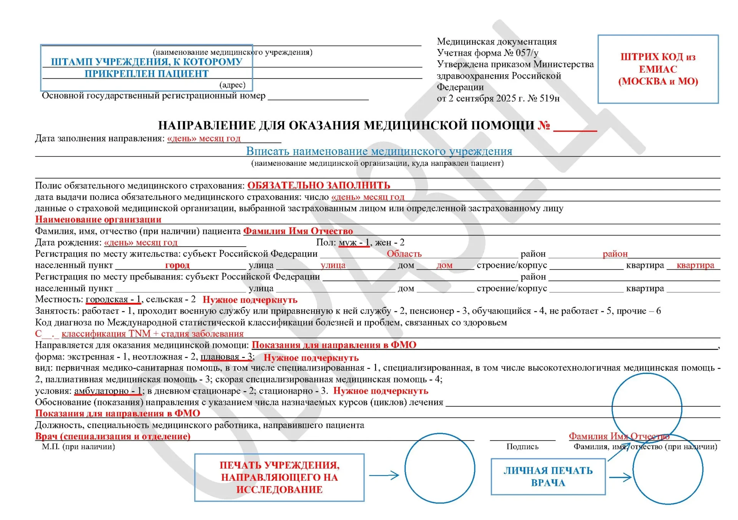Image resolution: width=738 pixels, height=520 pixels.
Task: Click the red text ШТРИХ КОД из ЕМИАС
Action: point(658,69)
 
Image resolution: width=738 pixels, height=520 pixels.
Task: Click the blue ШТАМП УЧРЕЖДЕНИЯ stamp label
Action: point(146,67)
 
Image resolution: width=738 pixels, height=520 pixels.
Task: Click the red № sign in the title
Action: point(544,125)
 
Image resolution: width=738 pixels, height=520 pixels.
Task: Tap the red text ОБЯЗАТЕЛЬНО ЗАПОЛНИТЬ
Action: point(319,185)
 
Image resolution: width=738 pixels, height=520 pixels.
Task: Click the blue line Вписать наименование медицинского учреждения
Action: point(379,151)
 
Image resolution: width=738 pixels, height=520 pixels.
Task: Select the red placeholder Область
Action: point(404,254)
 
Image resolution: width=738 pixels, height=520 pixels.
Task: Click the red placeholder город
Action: point(177,265)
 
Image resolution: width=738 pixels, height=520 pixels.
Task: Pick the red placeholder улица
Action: point(333,265)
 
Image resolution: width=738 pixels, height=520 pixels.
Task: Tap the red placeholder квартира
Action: point(695,265)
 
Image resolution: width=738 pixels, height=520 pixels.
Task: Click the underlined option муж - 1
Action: point(354,243)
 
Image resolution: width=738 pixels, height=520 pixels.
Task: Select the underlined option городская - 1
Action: point(113,299)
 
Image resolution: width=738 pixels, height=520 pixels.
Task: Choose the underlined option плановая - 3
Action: point(227,357)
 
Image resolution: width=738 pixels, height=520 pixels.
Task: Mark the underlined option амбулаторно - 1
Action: point(108,391)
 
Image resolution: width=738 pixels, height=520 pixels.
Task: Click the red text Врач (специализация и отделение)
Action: point(113,436)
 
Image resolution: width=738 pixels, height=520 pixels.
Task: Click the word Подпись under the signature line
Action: point(522,447)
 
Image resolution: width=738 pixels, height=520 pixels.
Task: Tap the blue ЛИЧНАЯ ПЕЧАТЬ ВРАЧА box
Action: point(548,477)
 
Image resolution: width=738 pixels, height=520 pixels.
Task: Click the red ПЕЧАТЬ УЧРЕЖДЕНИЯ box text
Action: point(279,477)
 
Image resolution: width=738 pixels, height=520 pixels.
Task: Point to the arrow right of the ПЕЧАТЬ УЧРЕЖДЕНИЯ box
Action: point(384,475)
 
